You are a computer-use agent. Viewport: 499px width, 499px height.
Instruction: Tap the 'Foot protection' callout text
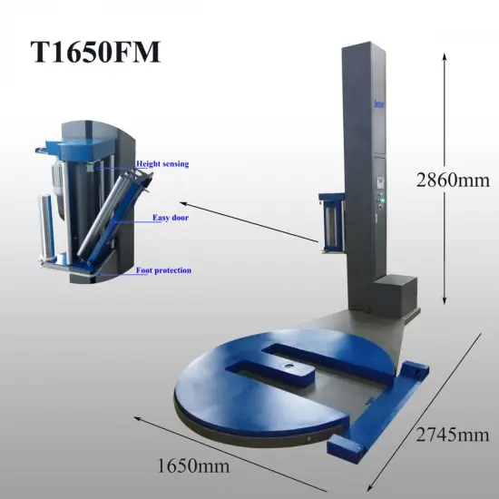(163, 270)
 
